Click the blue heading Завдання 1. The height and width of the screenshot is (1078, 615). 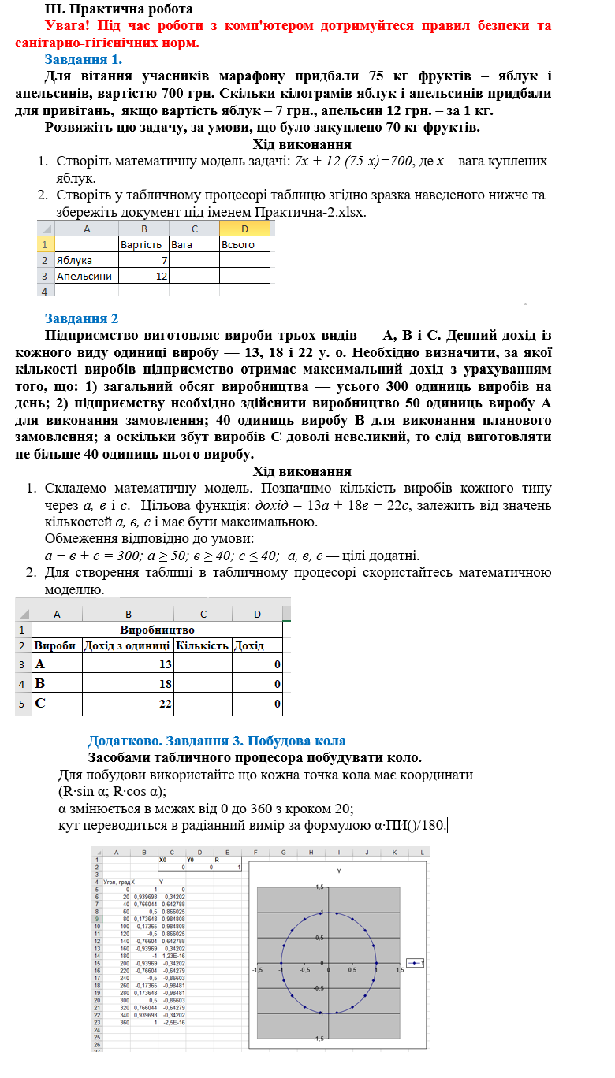(83, 59)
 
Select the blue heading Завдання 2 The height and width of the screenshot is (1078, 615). (81, 318)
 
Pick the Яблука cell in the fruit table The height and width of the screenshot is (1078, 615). (74, 260)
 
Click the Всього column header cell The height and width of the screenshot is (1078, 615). (238, 244)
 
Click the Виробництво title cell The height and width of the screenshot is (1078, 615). (157, 630)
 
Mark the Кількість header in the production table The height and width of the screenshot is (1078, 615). (202, 646)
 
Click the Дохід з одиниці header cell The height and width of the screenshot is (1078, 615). (128, 646)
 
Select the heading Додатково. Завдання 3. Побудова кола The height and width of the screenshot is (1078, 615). (217, 741)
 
